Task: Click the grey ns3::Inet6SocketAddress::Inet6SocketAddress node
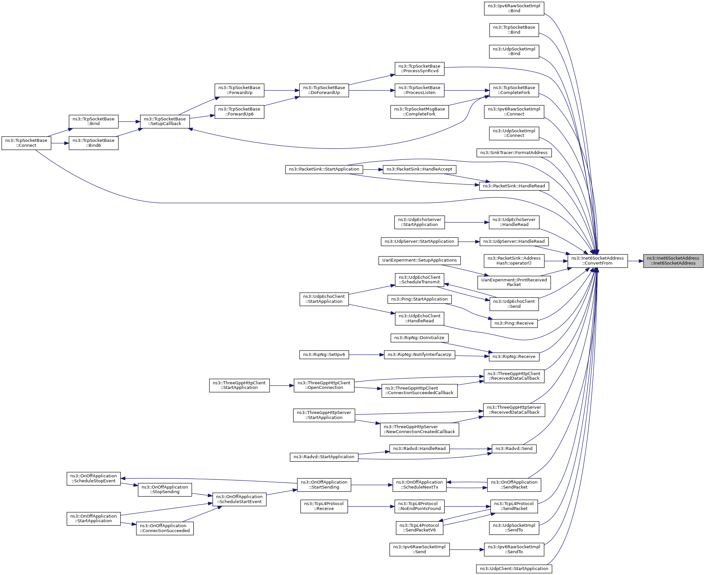(x=673, y=261)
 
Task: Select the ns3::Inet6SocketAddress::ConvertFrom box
(x=597, y=261)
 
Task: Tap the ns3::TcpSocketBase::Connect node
(x=26, y=143)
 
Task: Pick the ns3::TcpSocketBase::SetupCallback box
(x=165, y=121)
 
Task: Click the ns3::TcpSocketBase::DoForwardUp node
(x=324, y=90)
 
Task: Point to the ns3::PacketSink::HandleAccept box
(x=419, y=169)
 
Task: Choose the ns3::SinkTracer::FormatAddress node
(x=514, y=153)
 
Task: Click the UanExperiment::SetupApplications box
(x=419, y=260)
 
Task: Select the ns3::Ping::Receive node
(x=514, y=323)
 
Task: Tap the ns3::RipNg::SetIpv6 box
(x=324, y=355)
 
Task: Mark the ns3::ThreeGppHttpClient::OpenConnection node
(x=324, y=385)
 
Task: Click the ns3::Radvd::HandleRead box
(x=419, y=448)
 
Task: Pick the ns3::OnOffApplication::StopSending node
(x=165, y=490)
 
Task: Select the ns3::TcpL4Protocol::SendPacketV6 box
(x=419, y=527)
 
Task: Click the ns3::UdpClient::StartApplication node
(x=514, y=569)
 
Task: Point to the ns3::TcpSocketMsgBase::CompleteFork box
(x=419, y=112)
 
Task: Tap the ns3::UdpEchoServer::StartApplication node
(x=419, y=222)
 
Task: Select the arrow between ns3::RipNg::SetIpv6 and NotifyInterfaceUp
(x=366, y=355)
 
